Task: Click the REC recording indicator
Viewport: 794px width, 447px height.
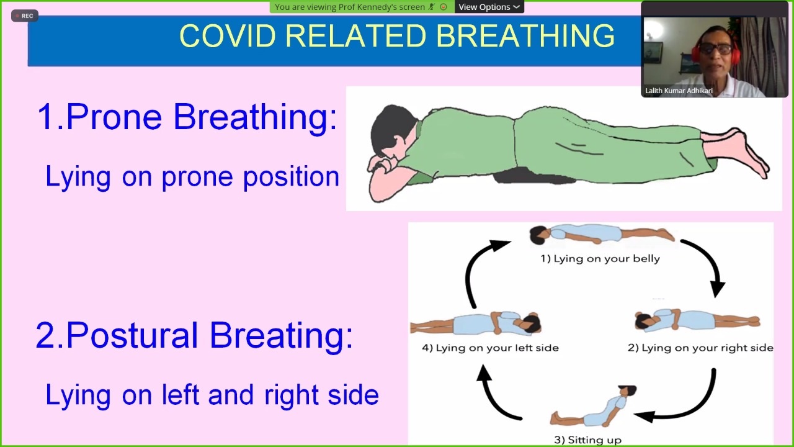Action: (x=24, y=16)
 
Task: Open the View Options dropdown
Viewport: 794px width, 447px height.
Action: (x=489, y=7)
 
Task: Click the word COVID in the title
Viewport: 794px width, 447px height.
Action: (x=228, y=36)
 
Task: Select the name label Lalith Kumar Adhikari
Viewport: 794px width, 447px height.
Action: (x=679, y=91)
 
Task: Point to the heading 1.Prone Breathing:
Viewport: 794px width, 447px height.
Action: (x=187, y=117)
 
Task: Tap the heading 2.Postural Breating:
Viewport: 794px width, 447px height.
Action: (x=195, y=336)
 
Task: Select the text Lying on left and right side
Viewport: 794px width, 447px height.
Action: (x=212, y=395)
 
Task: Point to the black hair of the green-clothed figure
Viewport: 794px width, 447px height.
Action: (x=390, y=130)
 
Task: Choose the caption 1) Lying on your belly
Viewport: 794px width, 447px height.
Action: (x=600, y=259)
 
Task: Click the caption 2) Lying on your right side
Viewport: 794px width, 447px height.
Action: (x=700, y=348)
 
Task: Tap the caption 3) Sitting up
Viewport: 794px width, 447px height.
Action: (x=587, y=440)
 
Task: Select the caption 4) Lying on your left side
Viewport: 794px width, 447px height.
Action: (x=490, y=348)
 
